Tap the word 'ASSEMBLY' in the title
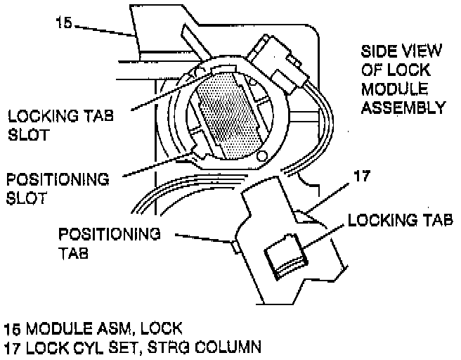[x=403, y=108]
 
